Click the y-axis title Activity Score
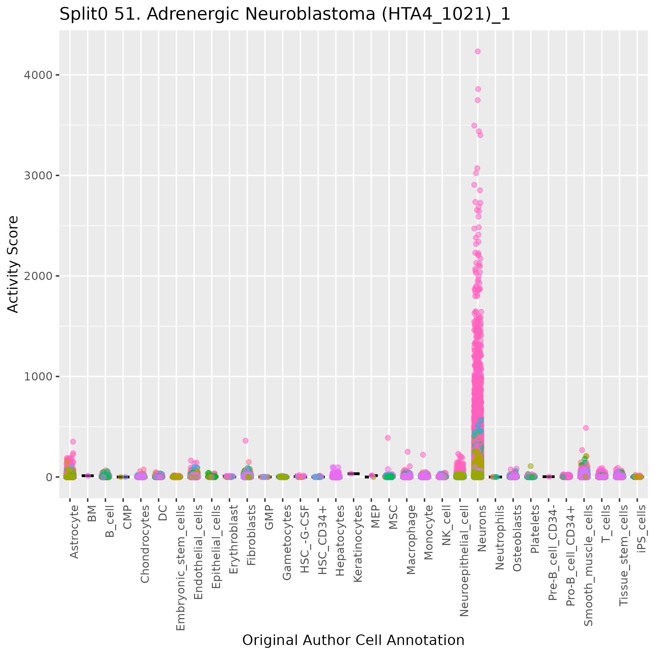[13, 264]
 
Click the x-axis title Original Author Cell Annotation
[353, 640]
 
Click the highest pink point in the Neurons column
[478, 51]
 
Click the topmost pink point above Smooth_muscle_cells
[586, 428]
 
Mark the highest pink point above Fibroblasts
[246, 441]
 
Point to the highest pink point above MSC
[388, 438]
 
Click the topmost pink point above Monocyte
[423, 455]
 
